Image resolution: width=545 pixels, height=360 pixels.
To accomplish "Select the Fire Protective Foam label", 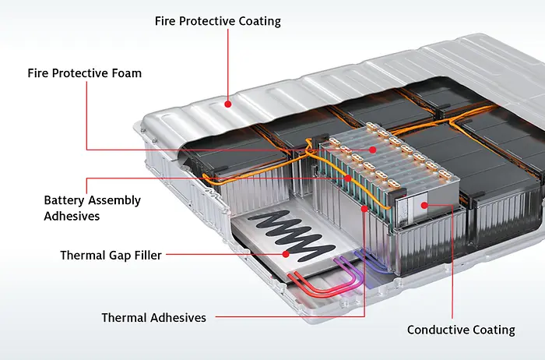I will coord(84,73).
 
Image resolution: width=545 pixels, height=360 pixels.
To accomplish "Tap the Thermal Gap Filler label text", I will coord(111,255).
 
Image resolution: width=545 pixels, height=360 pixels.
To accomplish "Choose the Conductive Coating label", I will coord(461,330).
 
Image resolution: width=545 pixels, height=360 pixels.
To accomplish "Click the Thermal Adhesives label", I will coord(153,317).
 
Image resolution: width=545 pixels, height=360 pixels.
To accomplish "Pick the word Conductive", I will coord(438,330).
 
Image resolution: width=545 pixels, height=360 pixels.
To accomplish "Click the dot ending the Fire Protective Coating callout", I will coord(227,102).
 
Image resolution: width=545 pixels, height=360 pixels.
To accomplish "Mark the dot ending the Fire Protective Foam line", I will coord(373,149).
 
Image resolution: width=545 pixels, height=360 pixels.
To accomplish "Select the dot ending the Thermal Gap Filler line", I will coord(286,254).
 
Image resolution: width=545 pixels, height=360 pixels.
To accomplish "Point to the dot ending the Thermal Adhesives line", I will coord(364,209).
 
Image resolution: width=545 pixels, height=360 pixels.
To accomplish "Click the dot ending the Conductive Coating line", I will coord(424,205).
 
